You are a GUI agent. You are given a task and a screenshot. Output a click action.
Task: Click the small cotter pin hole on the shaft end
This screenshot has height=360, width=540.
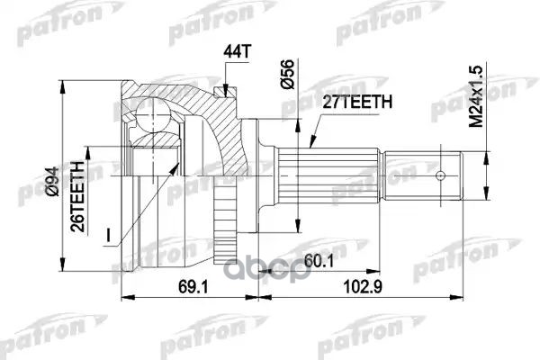coord(441,175)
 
